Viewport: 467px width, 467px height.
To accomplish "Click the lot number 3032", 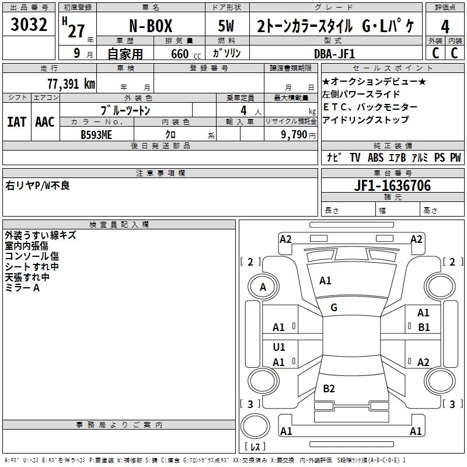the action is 29,25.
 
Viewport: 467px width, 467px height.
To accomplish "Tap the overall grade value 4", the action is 445,27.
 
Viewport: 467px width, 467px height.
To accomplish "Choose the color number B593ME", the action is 96,134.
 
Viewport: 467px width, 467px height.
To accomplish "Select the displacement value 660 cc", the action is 176,54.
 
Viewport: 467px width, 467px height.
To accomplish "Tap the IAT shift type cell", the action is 16,122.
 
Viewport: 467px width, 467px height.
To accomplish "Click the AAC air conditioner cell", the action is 44,122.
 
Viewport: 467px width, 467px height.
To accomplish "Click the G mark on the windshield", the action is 334,308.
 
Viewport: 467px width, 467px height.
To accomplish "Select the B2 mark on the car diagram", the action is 329,389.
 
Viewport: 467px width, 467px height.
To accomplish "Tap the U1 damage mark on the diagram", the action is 279,347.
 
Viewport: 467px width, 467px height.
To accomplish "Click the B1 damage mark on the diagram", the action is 424,327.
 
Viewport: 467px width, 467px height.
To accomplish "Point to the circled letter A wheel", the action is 263,287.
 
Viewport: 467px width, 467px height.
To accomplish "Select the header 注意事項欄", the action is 160,173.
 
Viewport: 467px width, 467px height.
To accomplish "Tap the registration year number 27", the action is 76,31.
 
